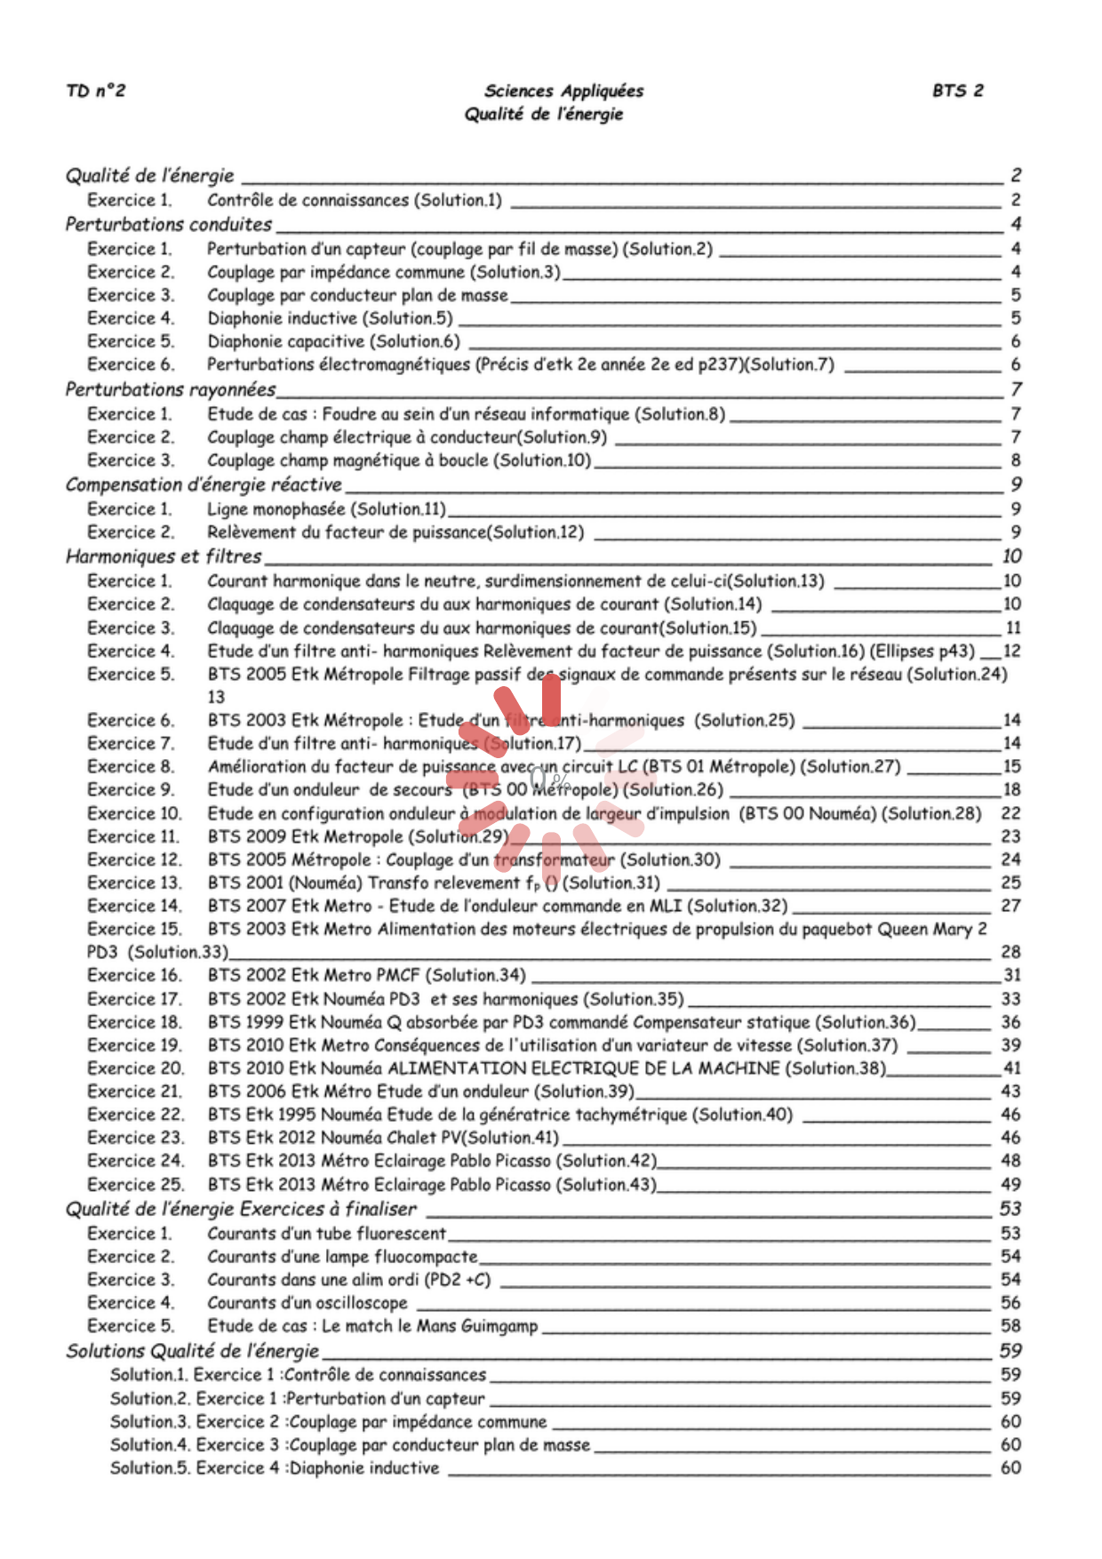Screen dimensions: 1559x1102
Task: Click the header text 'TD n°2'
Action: click(96, 91)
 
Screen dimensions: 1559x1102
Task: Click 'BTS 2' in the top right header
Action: click(958, 91)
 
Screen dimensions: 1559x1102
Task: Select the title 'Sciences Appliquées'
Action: click(563, 91)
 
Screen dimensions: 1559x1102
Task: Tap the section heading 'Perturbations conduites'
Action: click(169, 224)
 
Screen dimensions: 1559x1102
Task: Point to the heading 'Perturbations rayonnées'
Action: click(171, 389)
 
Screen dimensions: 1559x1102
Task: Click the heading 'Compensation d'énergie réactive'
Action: click(204, 484)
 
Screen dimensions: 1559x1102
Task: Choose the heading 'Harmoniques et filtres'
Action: click(164, 556)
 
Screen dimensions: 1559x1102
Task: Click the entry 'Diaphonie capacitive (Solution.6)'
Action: click(333, 341)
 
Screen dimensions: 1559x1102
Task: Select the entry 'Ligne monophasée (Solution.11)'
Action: click(326, 509)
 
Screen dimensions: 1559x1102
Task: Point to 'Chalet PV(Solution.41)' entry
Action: click(479, 1138)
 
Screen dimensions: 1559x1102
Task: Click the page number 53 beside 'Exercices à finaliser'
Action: click(1010, 1209)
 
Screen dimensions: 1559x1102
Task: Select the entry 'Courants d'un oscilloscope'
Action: click(307, 1303)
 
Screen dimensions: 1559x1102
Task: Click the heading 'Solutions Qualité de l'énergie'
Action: click(192, 1351)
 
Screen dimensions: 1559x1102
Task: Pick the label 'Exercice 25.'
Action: click(135, 1185)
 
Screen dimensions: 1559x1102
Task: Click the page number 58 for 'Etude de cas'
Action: click(1010, 1326)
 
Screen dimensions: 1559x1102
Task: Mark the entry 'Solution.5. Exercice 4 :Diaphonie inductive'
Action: click(275, 1468)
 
